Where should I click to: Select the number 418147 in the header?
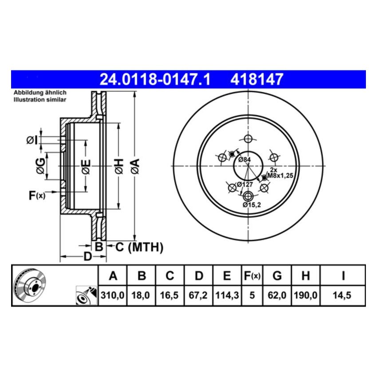[x=256, y=80]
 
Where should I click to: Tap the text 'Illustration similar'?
[x=39, y=100]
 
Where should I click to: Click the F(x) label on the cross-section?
[x=37, y=195]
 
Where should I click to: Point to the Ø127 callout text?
[x=244, y=185]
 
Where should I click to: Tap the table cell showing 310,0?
[x=113, y=295]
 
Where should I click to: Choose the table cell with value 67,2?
[x=199, y=295]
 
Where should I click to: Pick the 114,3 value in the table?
[x=227, y=295]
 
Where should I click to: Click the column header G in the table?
[x=277, y=276]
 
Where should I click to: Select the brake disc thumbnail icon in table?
[x=31, y=285]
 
